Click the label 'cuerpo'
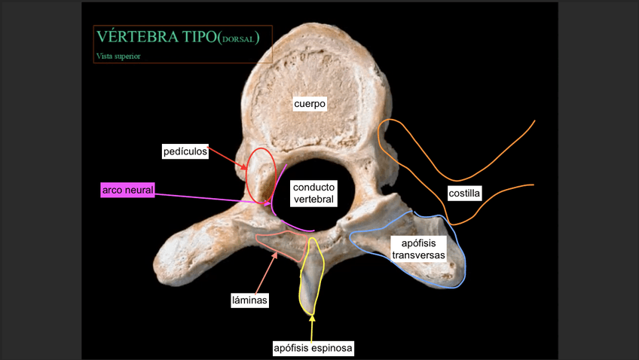click(310, 105)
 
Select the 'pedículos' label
click(185, 152)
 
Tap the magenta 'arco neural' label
click(127, 190)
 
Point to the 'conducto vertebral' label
click(313, 193)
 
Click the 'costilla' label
click(464, 193)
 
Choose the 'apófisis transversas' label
click(418, 249)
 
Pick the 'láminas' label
click(249, 300)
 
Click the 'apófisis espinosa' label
click(313, 348)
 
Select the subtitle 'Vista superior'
click(118, 56)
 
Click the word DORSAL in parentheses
click(239, 39)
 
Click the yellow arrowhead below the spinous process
click(312, 319)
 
